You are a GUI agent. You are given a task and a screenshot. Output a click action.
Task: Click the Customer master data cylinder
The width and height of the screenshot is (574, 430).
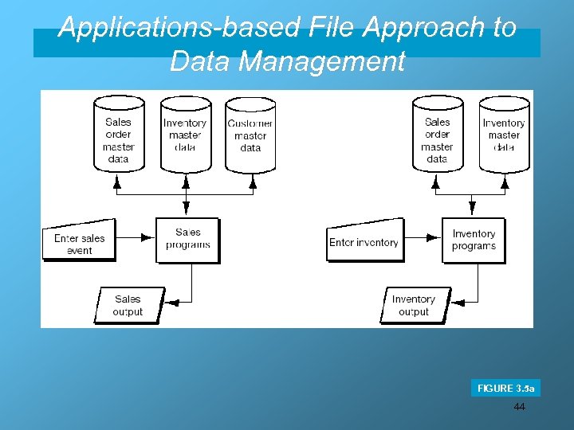[250, 135]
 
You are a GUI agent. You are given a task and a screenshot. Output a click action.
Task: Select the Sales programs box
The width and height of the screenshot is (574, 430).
[187, 239]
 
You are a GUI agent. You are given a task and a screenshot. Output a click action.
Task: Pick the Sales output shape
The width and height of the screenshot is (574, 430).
[128, 305]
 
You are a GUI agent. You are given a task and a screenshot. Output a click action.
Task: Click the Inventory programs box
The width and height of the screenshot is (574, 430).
[474, 240]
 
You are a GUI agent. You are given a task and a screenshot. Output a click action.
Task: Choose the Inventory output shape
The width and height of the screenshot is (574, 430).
[415, 305]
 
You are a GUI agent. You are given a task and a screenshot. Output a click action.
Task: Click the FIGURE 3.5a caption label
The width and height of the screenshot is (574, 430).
[505, 389]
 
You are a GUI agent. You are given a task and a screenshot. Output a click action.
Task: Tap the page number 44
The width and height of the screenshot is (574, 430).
[520, 407]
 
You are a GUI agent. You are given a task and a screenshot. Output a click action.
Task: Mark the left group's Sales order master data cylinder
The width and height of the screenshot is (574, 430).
[119, 135]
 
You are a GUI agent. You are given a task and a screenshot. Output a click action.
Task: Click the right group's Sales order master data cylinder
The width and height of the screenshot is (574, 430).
[437, 135]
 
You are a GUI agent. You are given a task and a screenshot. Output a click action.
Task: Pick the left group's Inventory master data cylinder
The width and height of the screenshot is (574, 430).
[185, 135]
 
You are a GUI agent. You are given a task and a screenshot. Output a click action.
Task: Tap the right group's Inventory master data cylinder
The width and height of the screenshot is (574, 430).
[504, 135]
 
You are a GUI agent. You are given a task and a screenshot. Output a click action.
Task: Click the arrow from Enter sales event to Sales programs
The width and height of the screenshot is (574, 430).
[136, 236]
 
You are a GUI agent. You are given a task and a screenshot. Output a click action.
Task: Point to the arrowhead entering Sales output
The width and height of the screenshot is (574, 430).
[175, 302]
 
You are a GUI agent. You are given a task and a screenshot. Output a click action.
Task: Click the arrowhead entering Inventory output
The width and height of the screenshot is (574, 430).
[460, 302]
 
